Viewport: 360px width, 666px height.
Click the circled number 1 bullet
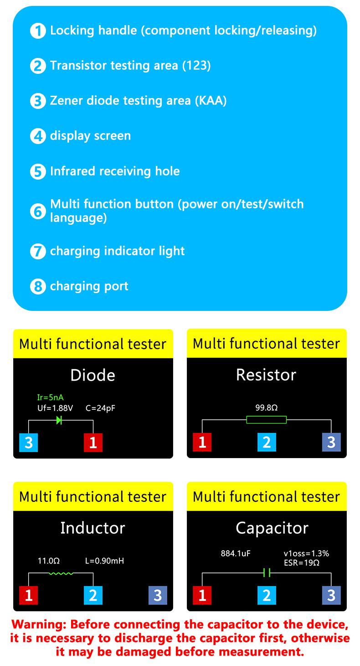tap(38, 31)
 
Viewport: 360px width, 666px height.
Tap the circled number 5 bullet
tap(38, 172)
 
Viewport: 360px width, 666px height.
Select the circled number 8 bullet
tap(38, 287)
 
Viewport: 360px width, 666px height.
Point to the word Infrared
tap(73, 171)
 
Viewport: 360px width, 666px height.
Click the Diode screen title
tap(93, 375)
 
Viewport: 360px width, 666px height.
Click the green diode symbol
tap(59, 420)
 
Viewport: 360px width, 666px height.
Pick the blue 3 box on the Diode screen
tap(28, 443)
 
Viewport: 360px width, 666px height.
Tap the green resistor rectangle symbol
tap(267, 420)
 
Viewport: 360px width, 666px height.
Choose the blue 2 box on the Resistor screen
tap(267, 442)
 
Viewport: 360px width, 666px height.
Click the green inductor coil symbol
tap(61, 573)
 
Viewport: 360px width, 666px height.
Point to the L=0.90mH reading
tap(104, 561)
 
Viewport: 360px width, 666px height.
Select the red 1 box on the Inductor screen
tap(28, 595)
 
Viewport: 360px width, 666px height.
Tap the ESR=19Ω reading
tap(301, 563)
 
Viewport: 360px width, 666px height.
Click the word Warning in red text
tap(38, 624)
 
